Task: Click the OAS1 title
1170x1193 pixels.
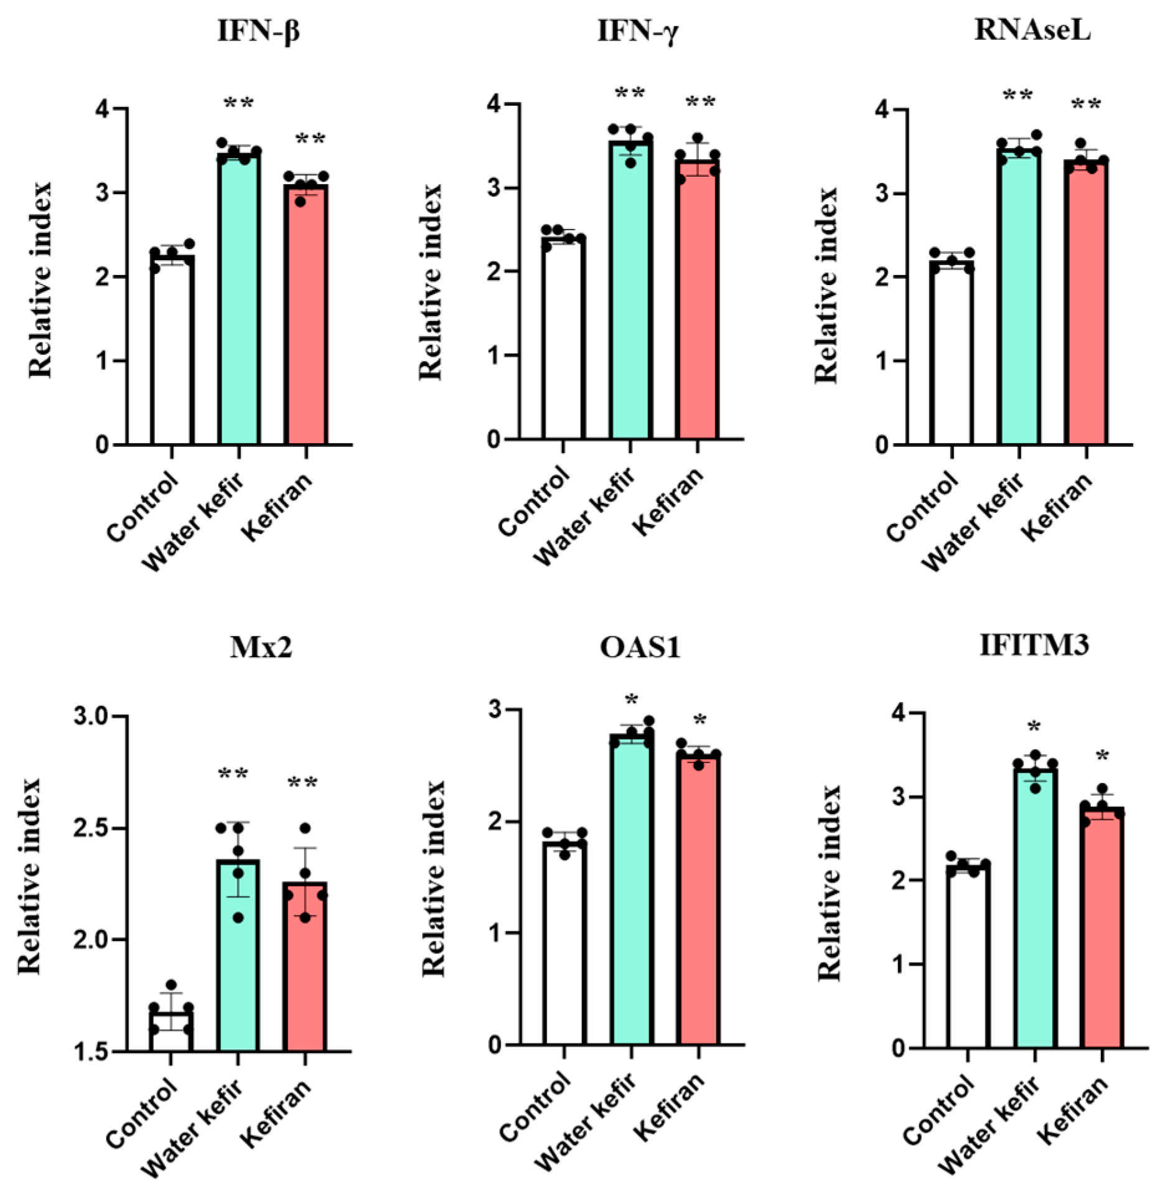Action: pyautogui.click(x=640, y=647)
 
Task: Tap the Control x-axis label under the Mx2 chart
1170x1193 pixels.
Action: pyautogui.click(x=142, y=1114)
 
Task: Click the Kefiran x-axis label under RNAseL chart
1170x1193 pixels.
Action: pyautogui.click(x=1057, y=507)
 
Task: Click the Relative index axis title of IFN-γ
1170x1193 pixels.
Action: pyautogui.click(x=430, y=281)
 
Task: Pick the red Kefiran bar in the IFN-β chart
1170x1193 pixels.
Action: pyautogui.click(x=306, y=317)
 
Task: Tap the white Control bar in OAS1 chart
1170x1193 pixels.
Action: pyautogui.click(x=564, y=946)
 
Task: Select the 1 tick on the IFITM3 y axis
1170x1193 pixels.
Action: pyautogui.click(x=898, y=965)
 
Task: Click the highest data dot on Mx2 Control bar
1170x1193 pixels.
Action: pyautogui.click(x=171, y=985)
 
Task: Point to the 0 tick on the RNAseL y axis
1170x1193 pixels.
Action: pyautogui.click(x=882, y=445)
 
